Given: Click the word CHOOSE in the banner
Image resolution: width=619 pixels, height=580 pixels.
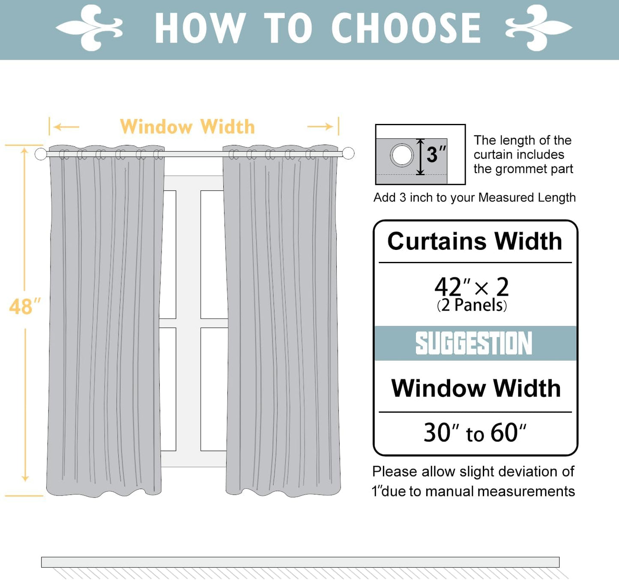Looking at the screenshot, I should click(x=406, y=28).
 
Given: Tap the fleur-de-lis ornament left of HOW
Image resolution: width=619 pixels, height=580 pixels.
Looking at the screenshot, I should click(x=90, y=28).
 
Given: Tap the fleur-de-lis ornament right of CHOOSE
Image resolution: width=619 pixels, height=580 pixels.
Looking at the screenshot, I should click(x=538, y=28).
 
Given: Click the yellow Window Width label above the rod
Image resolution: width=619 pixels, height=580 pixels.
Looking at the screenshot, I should click(x=187, y=127).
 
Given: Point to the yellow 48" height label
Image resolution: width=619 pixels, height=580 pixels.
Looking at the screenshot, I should click(x=24, y=307).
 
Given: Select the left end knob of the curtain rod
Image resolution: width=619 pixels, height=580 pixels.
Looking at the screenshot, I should click(x=41, y=154).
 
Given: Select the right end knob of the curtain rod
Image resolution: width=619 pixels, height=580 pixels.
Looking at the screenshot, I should click(x=348, y=153).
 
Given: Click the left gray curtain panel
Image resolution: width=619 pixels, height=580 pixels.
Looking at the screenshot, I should click(x=105, y=322).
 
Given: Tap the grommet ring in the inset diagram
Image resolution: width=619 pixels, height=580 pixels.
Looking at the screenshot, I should click(x=402, y=155).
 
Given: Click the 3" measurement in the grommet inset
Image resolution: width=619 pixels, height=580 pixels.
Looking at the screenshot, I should click(x=436, y=154).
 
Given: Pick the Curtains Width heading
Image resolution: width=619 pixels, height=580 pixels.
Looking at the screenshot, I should click(x=475, y=241).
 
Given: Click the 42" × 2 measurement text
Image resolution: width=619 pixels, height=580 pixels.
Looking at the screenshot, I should click(x=472, y=286).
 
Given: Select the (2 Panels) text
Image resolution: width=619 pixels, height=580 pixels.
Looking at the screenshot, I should click(x=472, y=305).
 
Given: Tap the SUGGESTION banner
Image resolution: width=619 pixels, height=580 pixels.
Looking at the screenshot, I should click(x=474, y=343).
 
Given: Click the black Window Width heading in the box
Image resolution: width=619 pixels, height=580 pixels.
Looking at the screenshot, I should click(x=475, y=388).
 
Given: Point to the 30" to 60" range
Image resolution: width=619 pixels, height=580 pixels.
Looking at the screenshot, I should click(x=475, y=433).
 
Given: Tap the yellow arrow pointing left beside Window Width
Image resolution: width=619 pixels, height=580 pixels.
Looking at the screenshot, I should click(x=67, y=127).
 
